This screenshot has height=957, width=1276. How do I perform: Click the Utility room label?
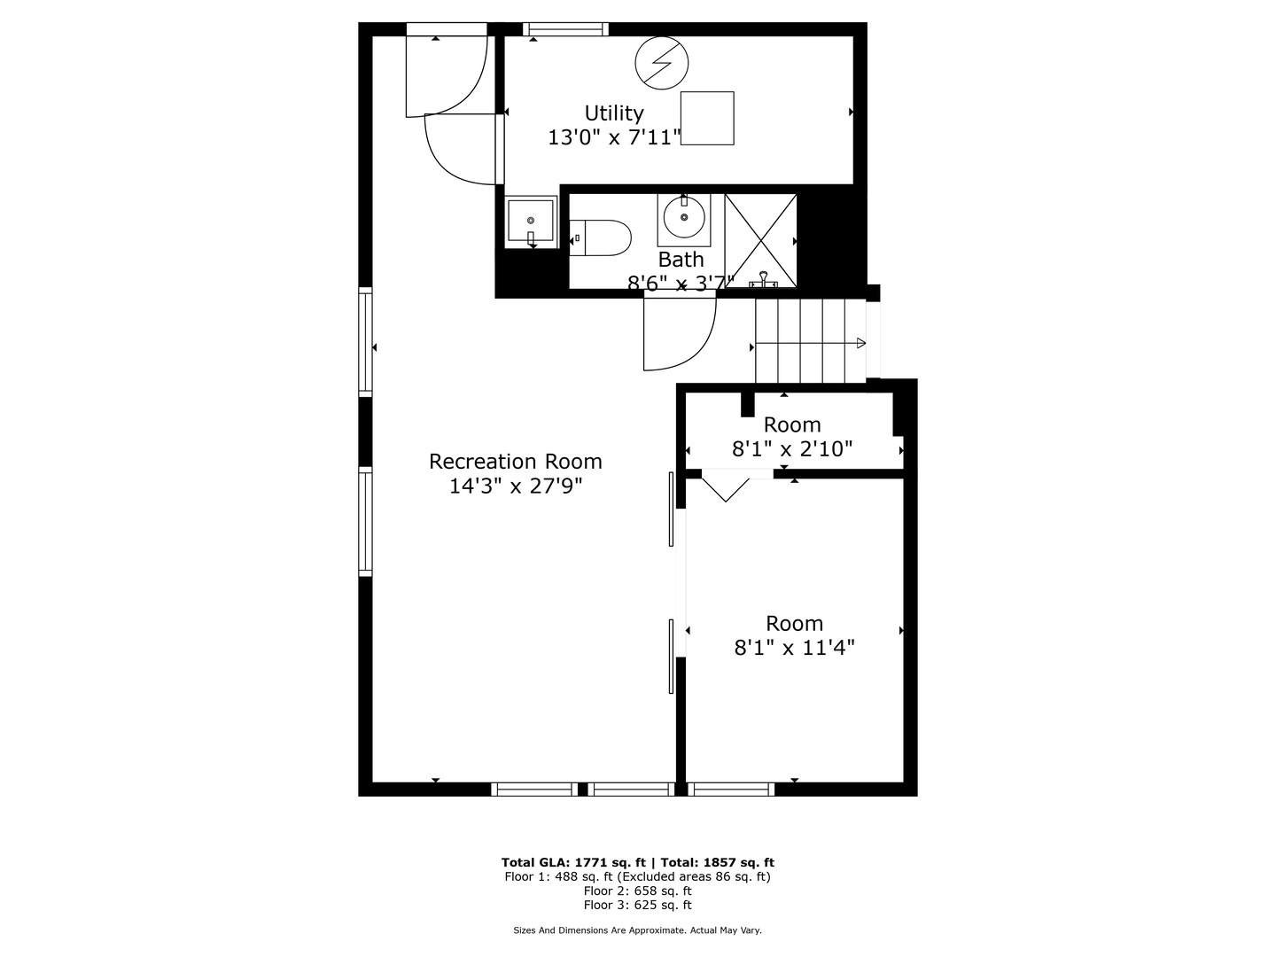click(x=613, y=113)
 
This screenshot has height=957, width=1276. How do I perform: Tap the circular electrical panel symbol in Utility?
click(x=662, y=63)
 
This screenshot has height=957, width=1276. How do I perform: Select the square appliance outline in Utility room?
click(x=707, y=118)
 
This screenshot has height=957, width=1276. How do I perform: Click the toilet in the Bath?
click(x=603, y=237)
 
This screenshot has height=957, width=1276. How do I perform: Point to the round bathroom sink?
click(x=684, y=218)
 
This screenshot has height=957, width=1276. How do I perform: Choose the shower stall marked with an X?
click(x=760, y=241)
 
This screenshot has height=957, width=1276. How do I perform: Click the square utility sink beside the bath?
click(x=531, y=222)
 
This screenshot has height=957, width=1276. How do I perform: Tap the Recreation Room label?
click(x=515, y=462)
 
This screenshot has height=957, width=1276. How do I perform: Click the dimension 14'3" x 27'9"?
click(x=515, y=486)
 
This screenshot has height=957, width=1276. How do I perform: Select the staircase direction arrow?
click(x=811, y=344)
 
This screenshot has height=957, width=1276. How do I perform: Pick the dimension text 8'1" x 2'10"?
click(x=792, y=449)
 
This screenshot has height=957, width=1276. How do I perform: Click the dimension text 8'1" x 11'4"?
click(x=794, y=648)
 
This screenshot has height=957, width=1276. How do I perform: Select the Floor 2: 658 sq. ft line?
click(x=637, y=891)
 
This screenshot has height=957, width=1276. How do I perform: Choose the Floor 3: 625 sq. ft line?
click(x=637, y=905)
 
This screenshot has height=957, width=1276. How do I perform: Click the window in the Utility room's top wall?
click(x=565, y=29)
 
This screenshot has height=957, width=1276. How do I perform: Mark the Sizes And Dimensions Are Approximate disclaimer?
click(x=637, y=930)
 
